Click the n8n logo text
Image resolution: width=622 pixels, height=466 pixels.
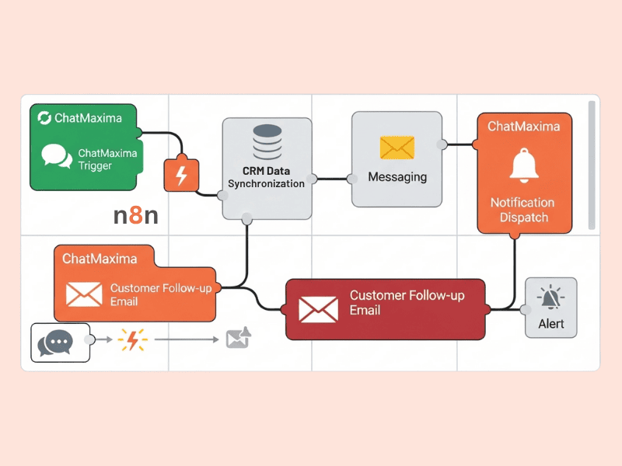135,216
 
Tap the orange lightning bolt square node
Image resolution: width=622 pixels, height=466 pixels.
181,176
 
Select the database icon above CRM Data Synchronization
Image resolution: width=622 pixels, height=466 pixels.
267,145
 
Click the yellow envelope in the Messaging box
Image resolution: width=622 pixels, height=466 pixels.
397,147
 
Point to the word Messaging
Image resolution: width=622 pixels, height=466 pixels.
397,177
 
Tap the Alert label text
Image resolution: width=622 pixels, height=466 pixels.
551,323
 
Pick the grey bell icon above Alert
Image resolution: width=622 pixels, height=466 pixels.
551,297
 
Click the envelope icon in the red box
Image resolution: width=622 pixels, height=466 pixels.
319,310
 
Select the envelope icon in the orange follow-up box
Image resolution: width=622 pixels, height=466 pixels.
84,294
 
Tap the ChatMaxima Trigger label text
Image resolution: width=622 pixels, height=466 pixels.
107,159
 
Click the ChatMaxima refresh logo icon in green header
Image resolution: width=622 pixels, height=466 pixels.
44,118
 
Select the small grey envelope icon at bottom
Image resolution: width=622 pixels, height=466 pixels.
237,338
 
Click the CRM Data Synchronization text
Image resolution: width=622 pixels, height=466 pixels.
267,176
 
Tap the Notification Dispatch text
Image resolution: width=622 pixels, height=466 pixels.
523,210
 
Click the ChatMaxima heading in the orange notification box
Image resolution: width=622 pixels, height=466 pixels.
523,126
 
